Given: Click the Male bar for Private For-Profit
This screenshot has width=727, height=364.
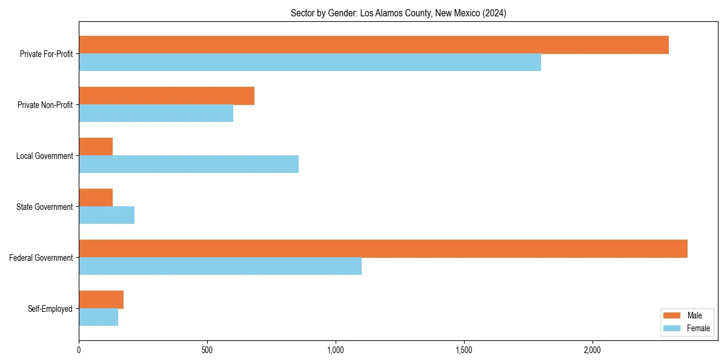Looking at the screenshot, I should coord(373,45).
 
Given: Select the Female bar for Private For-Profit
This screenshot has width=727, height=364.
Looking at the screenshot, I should coord(310,62).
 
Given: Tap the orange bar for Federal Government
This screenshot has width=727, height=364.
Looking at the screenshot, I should coord(383,249).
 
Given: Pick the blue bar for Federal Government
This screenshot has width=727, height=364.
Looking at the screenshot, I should coord(220,266).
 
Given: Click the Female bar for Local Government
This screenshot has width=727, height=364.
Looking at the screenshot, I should coord(188,164).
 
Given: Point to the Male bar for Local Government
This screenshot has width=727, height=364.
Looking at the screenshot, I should coord(96,147).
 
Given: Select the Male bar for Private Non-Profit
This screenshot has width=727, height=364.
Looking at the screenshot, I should coord(167,96).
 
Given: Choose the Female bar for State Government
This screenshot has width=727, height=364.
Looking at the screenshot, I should coord(107,215).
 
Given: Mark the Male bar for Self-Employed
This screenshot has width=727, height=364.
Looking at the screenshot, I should coord(101,300).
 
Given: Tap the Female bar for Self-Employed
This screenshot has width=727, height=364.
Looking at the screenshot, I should coord(98,317).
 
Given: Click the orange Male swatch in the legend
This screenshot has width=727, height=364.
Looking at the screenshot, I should coord(672,315).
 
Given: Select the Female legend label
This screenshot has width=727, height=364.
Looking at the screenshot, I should coord(698,328).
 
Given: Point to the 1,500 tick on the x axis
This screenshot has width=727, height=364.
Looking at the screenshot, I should coord(463,350).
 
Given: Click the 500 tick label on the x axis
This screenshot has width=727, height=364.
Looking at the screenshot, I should coord(207,350).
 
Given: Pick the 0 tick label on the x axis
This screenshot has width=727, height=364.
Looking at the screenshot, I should coord(79,350).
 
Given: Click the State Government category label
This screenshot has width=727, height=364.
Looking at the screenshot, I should coord(45,207).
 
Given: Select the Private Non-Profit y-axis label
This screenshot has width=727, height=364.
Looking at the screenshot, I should coord(45,105).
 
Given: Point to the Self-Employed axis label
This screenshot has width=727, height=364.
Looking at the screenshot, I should coord(50,309).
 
